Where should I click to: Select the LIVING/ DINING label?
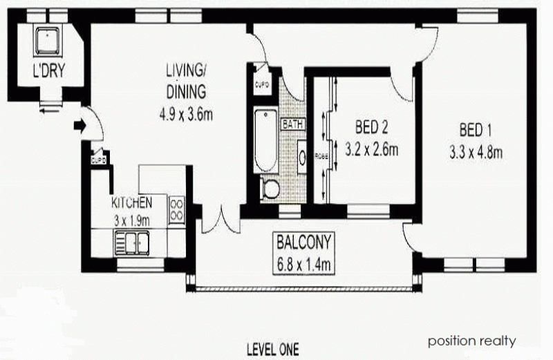tap(186, 81)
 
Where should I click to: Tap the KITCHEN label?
tap(131, 202)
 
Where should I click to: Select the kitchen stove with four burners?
tap(177, 209)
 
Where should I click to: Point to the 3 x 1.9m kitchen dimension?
tap(131, 218)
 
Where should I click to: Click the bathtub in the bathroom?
tap(265, 141)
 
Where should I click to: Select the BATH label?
tap(291, 124)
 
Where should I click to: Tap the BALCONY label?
tap(305, 243)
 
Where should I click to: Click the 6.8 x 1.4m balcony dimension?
tap(305, 263)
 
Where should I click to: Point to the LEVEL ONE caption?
tap(273, 349)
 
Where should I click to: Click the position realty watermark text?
tap(471, 341)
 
